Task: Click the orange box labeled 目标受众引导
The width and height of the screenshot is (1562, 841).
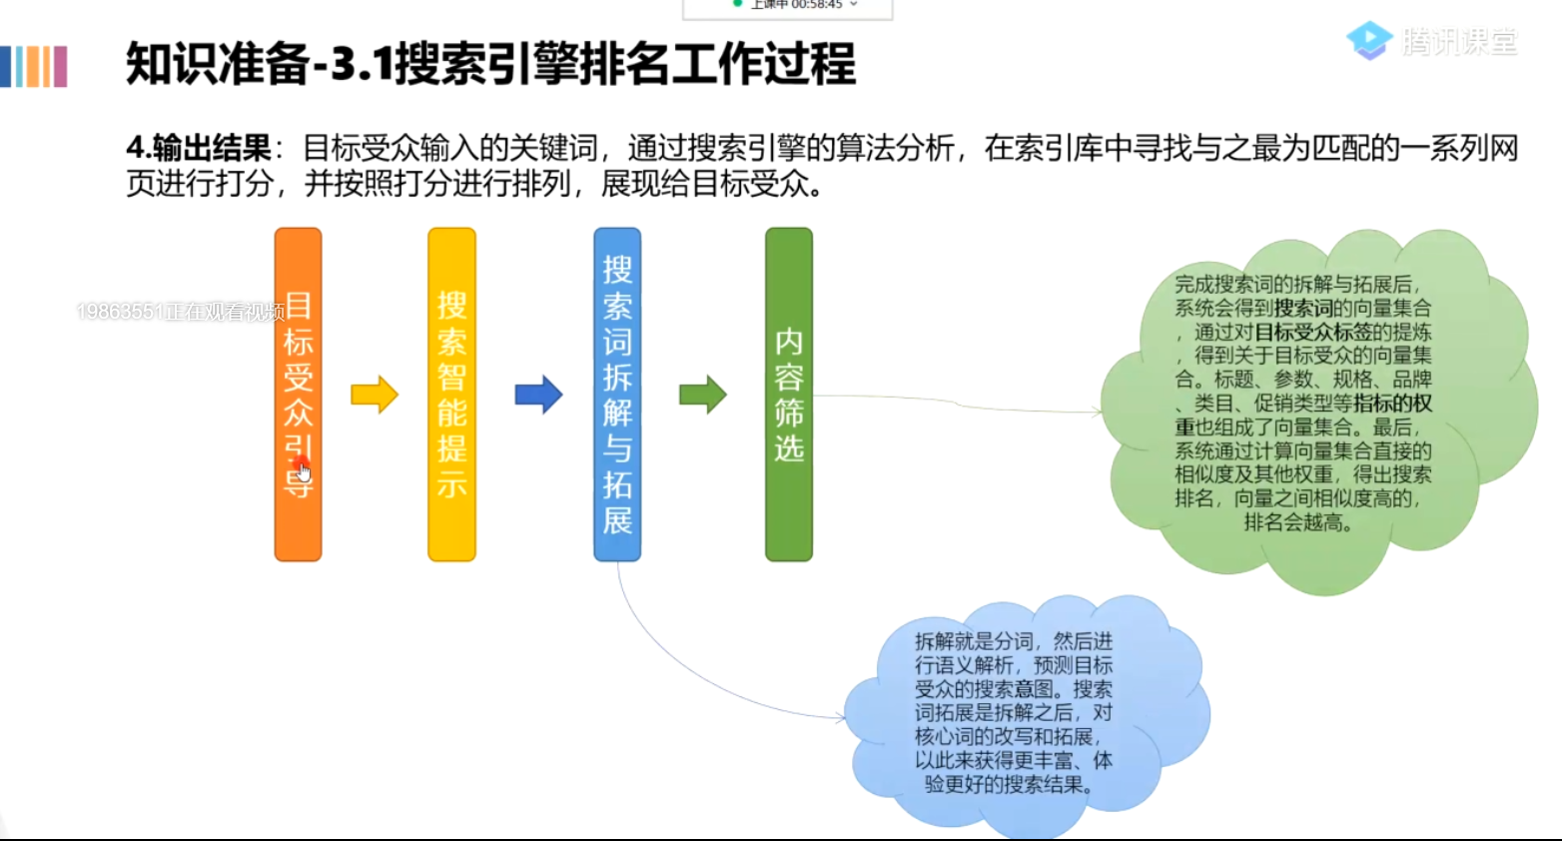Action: tap(298, 395)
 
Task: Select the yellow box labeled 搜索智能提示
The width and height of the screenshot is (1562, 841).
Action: tap(451, 395)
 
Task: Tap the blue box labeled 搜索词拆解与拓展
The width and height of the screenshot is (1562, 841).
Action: tap(617, 395)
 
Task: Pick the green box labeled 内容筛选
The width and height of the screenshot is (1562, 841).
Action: tap(789, 395)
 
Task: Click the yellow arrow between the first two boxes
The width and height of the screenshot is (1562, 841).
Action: tap(375, 395)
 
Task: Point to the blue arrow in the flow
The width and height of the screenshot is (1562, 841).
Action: tap(538, 395)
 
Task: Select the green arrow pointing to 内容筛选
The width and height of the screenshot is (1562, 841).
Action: tap(703, 395)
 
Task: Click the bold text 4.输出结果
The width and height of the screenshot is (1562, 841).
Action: tap(199, 149)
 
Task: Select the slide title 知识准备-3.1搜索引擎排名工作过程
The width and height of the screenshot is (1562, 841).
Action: tap(490, 64)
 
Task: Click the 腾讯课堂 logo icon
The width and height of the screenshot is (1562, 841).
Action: tap(1368, 40)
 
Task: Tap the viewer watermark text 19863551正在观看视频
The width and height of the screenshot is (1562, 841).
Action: tap(180, 312)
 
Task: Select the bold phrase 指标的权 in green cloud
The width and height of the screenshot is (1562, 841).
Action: tap(1392, 403)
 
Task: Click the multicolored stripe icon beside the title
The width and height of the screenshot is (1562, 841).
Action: tap(34, 66)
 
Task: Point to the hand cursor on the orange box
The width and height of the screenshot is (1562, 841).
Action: tap(304, 471)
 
